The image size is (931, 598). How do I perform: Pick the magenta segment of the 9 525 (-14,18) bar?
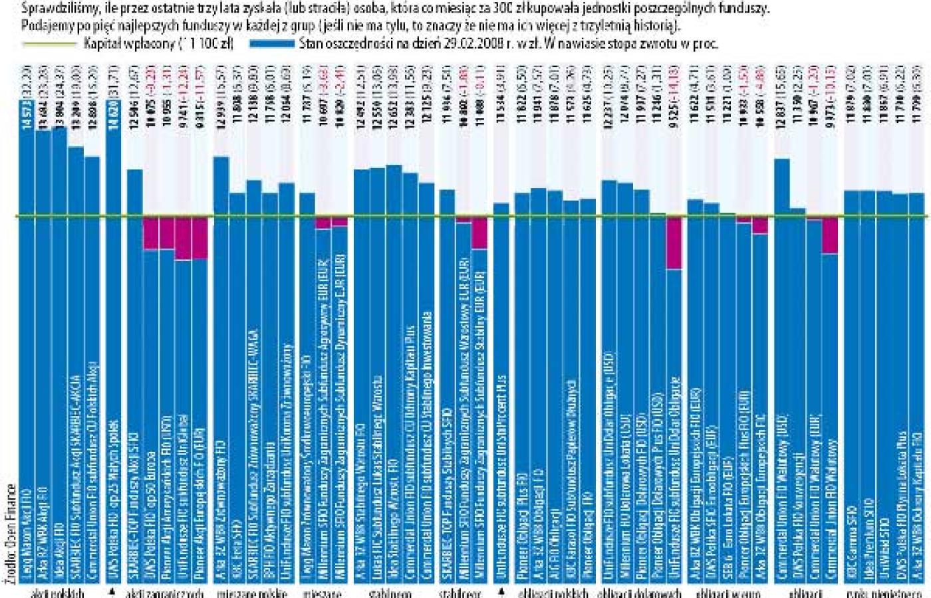(x=674, y=243)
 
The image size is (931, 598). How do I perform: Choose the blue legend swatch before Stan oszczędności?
(x=272, y=44)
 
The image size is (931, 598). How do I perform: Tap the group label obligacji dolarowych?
(x=640, y=593)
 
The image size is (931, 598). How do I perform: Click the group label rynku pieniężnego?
(x=884, y=593)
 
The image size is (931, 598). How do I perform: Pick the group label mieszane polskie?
(x=253, y=593)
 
